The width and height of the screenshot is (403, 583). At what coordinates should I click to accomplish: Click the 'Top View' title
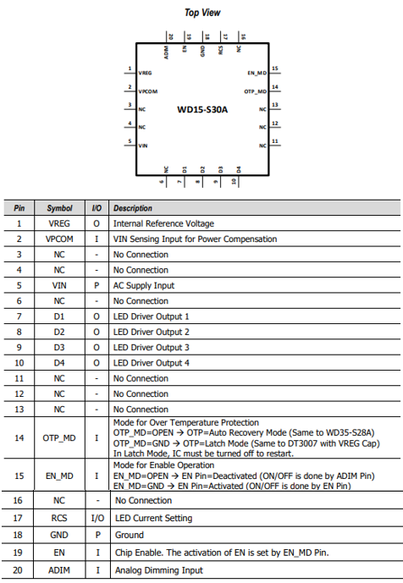click(202, 13)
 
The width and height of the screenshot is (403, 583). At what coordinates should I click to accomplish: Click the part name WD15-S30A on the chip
click(202, 109)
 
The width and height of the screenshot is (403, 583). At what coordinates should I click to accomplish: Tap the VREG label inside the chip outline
click(145, 73)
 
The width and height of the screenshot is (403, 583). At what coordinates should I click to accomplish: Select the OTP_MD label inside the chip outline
click(256, 91)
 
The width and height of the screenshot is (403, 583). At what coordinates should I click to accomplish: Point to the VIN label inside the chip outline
click(143, 146)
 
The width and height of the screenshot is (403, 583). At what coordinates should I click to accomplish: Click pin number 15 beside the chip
click(275, 69)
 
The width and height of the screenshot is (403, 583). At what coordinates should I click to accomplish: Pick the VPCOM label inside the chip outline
click(147, 91)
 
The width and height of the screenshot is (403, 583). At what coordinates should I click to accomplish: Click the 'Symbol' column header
click(59, 208)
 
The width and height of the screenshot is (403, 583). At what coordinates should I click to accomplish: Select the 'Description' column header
click(133, 208)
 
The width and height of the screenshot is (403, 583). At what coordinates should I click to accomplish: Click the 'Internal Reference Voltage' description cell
click(163, 223)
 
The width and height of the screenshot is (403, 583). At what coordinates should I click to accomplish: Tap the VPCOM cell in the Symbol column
click(59, 239)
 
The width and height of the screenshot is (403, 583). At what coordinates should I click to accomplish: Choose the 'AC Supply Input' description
click(144, 285)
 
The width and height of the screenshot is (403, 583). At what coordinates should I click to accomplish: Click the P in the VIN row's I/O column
click(97, 285)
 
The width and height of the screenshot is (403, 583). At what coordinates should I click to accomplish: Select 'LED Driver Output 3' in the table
click(151, 347)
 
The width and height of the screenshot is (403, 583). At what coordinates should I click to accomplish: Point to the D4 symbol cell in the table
click(59, 363)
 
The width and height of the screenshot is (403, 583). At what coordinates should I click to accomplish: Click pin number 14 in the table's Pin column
click(19, 438)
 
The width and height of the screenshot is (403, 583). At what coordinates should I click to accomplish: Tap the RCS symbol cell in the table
click(59, 518)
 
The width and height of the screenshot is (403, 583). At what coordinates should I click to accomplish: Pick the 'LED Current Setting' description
click(154, 518)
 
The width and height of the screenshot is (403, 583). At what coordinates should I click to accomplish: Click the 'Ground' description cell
click(130, 535)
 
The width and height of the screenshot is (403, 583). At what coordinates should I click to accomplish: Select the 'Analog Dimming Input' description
click(159, 570)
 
